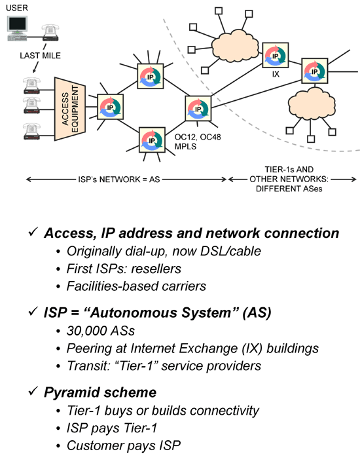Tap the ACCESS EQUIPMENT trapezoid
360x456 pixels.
pos(70,109)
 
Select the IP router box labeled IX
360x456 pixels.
pos(275,55)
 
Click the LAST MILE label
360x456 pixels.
pos(40,56)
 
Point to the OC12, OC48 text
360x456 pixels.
pos(198,137)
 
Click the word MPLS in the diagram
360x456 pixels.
pos(185,146)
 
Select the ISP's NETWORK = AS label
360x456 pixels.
pos(119,180)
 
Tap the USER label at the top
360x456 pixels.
pos(17,8)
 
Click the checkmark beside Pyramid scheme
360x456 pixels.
pos(33,390)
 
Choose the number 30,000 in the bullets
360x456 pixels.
pos(84,331)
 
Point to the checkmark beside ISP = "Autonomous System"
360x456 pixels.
pos(33,311)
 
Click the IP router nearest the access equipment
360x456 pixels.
pos(110,107)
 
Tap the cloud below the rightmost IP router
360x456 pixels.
pos(311,103)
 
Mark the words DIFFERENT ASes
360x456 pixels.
pos(289,189)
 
